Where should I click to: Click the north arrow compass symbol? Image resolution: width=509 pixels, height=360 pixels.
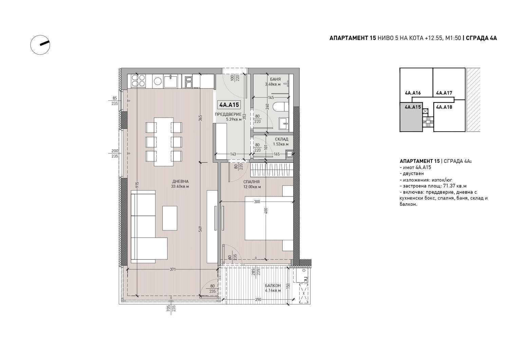tap(40, 45)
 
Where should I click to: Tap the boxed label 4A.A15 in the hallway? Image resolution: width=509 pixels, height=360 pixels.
tap(229, 105)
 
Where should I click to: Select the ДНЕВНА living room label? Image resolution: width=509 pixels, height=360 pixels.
tap(181, 182)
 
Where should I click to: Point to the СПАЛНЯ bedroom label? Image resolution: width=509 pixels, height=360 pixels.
tap(251, 182)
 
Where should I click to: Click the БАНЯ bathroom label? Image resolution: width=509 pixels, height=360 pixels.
tap(275, 79)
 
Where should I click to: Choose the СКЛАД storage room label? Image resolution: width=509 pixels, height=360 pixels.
tap(281, 139)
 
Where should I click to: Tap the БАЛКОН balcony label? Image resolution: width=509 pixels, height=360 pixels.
tap(273, 285)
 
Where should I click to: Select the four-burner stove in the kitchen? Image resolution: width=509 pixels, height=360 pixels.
tap(138, 81)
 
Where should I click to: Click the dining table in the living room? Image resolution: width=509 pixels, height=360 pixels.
tap(164, 141)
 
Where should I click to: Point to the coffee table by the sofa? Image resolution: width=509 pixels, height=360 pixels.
tap(170, 218)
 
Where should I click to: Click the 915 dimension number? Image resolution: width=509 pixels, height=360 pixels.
tap(137, 184)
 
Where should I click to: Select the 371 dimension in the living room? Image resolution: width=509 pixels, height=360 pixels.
tap(173, 269)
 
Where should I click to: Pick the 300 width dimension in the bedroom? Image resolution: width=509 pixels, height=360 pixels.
tap(257, 202)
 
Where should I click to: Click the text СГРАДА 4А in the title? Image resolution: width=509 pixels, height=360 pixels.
tap(481, 38)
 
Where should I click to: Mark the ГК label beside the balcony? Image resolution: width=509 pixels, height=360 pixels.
tap(306, 279)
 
